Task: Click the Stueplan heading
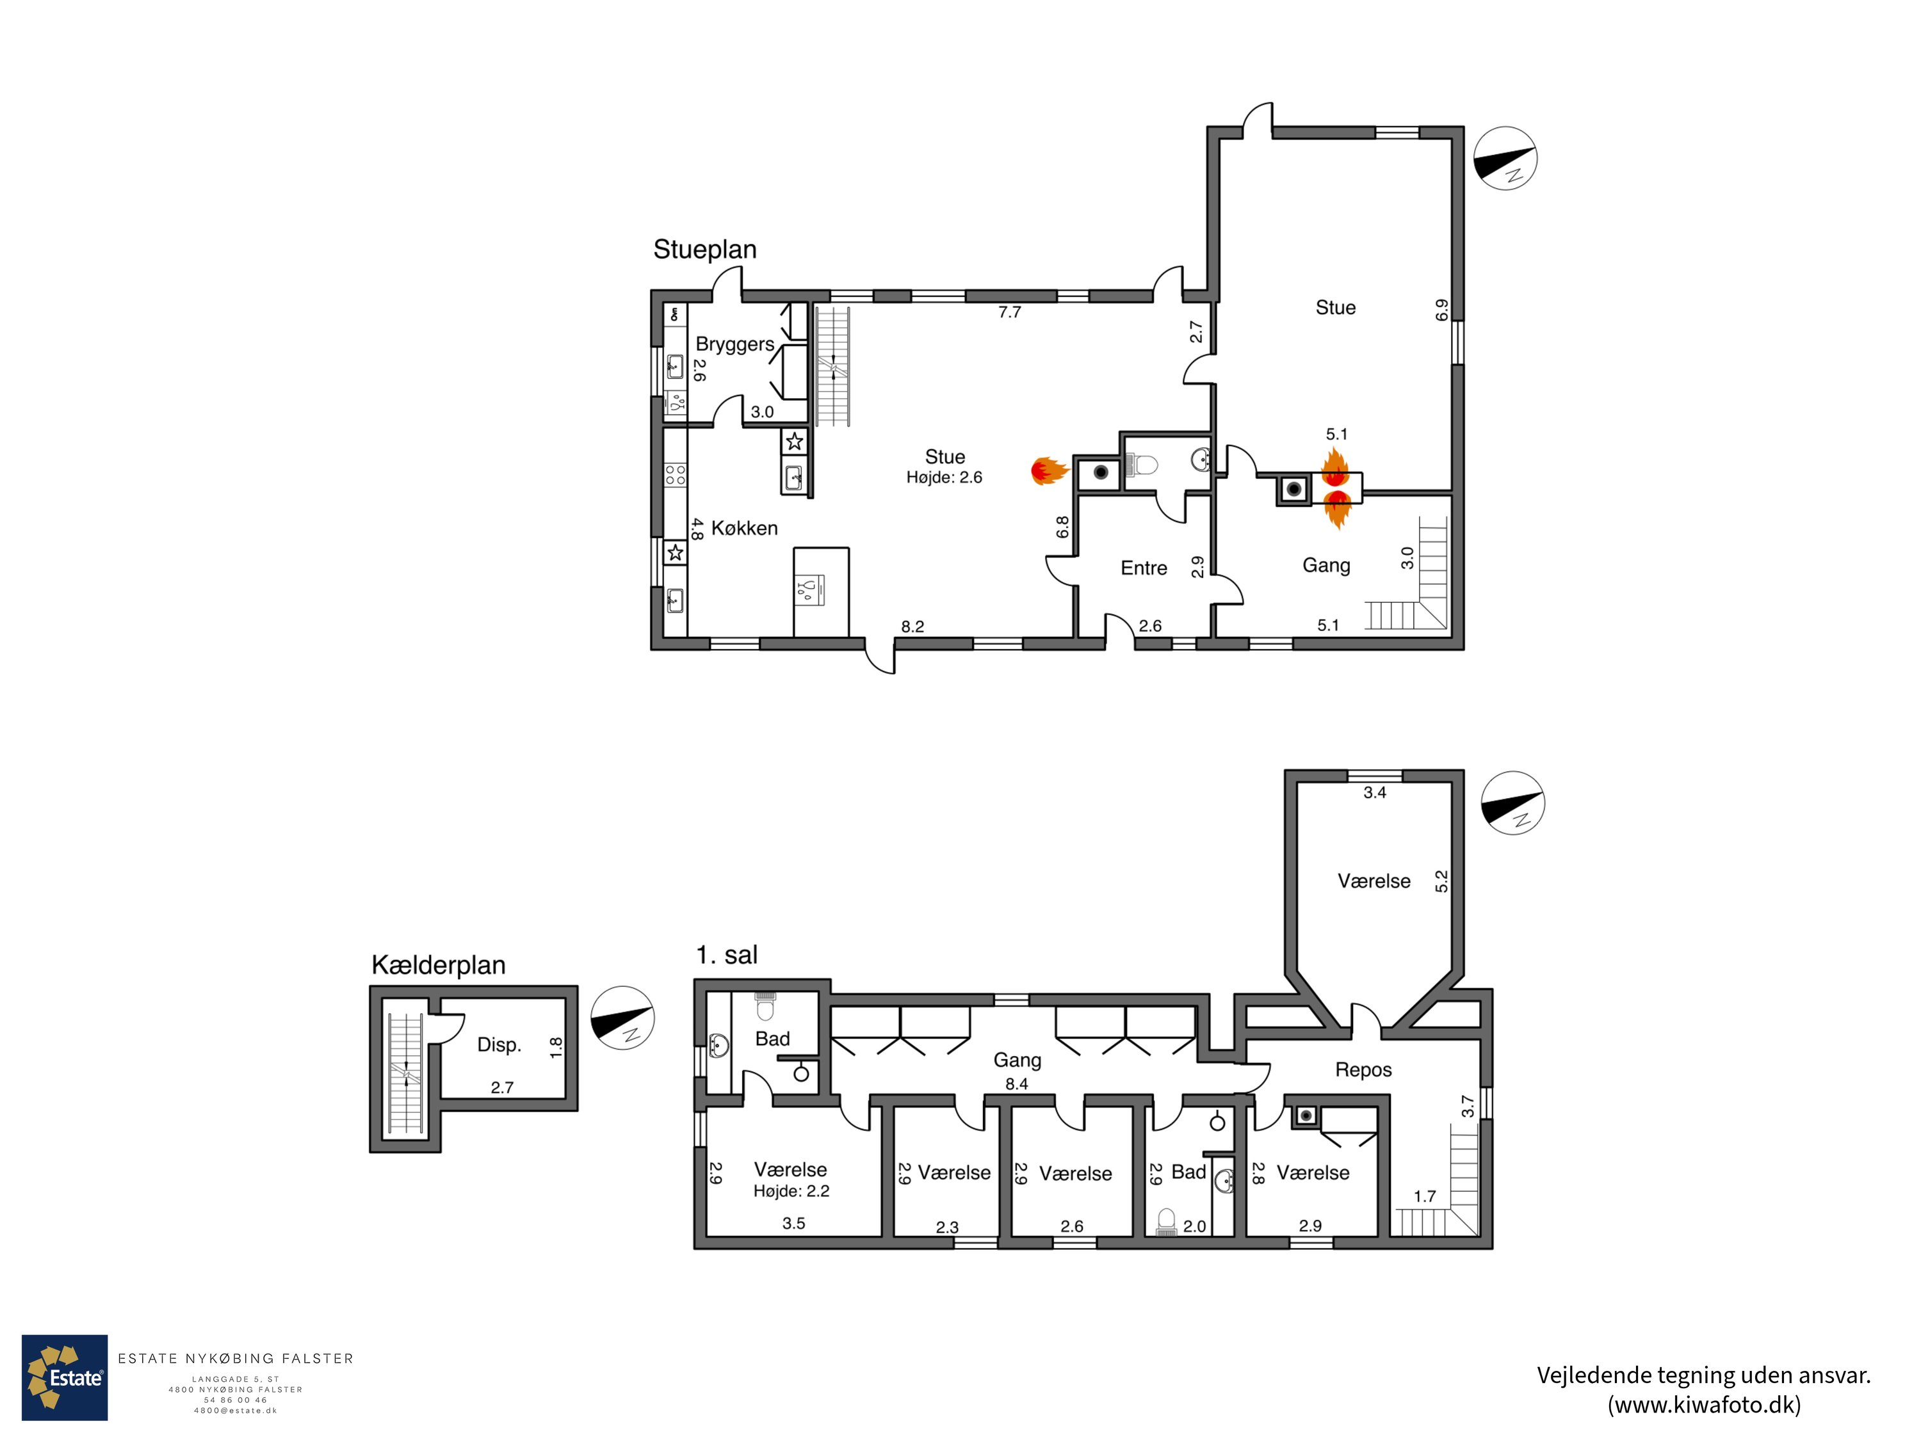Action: click(704, 250)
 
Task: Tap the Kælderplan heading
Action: click(438, 965)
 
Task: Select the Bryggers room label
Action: click(734, 344)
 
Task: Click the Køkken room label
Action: click(743, 528)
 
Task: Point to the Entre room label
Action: click(1143, 568)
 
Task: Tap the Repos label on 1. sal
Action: click(1363, 1069)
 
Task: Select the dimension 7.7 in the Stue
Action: click(1009, 312)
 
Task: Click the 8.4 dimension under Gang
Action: click(1016, 1084)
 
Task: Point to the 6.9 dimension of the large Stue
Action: click(1441, 310)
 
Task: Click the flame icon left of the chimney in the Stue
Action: click(1048, 470)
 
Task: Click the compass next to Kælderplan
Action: click(622, 1018)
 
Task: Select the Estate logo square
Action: click(64, 1377)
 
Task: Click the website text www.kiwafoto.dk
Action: click(1703, 1404)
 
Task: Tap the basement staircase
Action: click(405, 1074)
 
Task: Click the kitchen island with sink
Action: click(821, 591)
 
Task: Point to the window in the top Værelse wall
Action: click(1374, 775)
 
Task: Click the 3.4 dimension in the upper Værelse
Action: click(1374, 792)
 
